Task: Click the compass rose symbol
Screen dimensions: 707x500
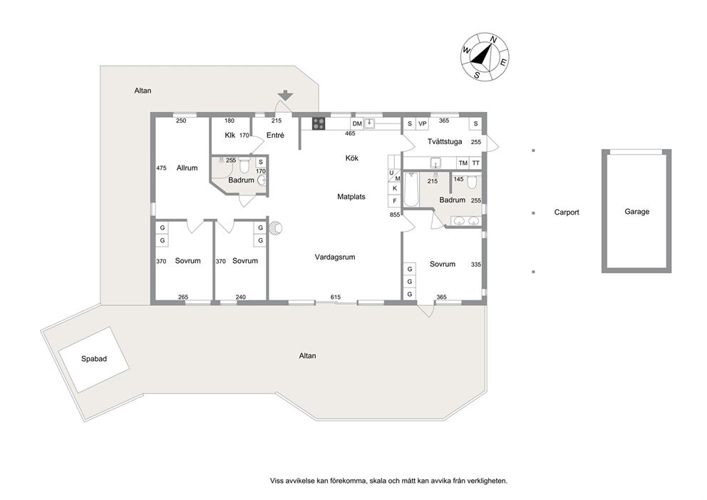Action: click(485, 57)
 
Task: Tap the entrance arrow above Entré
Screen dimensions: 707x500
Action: click(285, 96)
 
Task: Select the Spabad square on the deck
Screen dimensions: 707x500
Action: click(94, 359)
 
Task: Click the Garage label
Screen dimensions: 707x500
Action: click(636, 211)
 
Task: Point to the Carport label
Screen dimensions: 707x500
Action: click(567, 212)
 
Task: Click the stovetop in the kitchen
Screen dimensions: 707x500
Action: click(319, 123)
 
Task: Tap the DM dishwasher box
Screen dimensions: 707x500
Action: click(357, 123)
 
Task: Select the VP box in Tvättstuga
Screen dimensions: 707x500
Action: click(423, 123)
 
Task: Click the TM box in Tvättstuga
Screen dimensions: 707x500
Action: click(463, 163)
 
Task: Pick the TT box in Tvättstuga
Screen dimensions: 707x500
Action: click(475, 163)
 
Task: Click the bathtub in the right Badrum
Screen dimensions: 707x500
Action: click(411, 189)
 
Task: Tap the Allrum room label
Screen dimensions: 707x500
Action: click(187, 168)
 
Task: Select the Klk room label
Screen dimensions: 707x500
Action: click(230, 135)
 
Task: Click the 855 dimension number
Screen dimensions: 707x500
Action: click(395, 215)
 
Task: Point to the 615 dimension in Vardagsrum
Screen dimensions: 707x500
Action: click(336, 297)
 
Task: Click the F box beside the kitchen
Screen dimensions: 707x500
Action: click(395, 201)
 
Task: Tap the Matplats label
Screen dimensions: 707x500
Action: click(351, 197)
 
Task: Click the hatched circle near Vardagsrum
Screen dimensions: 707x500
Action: click(276, 228)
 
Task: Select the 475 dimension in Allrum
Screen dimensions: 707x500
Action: click(161, 168)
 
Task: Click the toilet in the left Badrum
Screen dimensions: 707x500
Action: click(244, 166)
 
